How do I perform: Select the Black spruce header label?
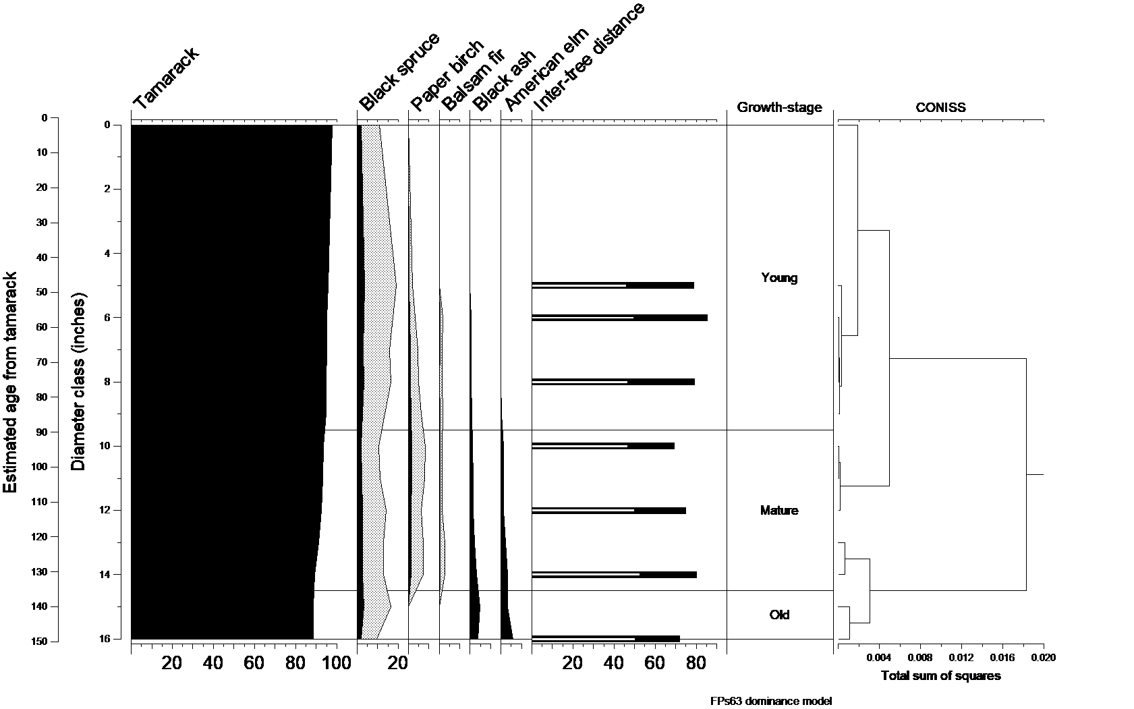click(x=399, y=72)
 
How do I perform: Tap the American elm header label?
click(x=546, y=69)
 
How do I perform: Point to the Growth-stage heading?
click(x=779, y=107)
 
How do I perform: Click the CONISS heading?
click(x=940, y=107)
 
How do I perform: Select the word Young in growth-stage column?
click(x=779, y=278)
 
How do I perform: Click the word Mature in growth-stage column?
click(x=779, y=511)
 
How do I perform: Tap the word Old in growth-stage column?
click(x=779, y=615)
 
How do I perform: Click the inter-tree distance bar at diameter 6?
click(x=619, y=318)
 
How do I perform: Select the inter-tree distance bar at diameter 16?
click(x=605, y=638)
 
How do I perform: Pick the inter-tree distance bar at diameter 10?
click(x=602, y=446)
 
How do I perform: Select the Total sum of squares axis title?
click(x=940, y=676)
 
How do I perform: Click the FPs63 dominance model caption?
click(x=770, y=701)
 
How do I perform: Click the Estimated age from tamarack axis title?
click(x=11, y=383)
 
